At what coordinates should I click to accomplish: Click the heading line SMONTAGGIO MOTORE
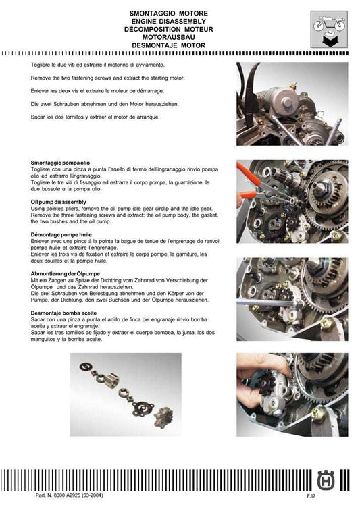click(x=170, y=14)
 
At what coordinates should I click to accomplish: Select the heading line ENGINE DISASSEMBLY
click(x=170, y=22)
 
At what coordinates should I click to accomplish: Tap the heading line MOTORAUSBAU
click(x=170, y=37)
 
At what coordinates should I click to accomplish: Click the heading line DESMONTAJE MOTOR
click(x=170, y=45)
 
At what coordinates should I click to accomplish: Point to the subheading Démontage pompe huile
click(x=61, y=232)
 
